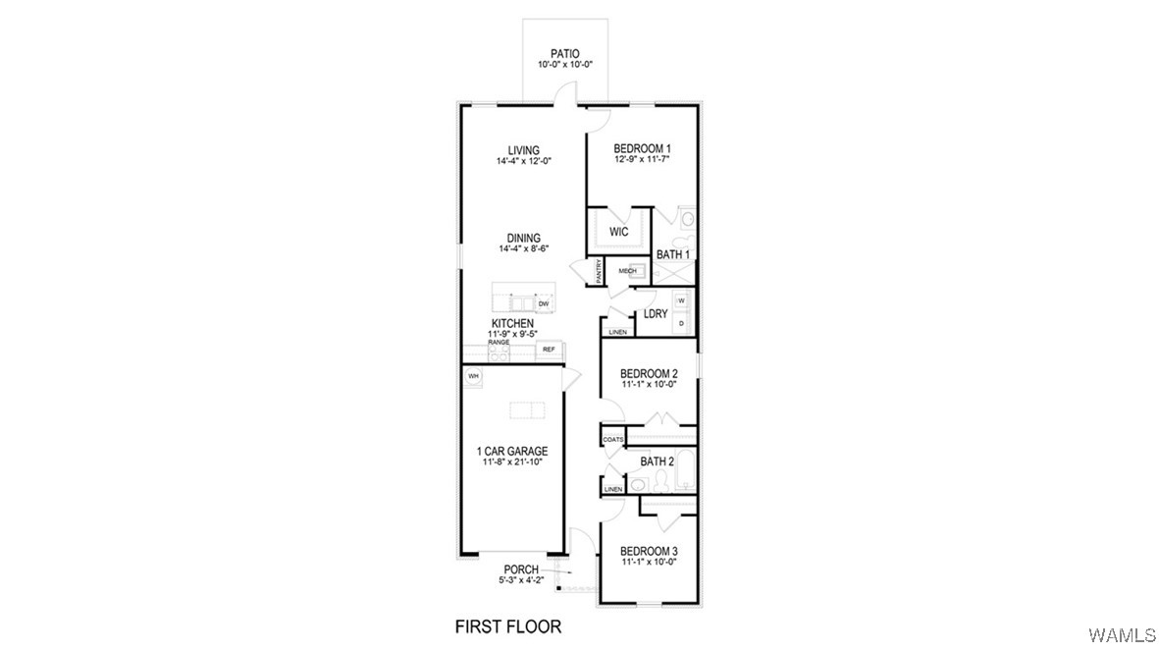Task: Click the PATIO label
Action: pyautogui.click(x=557, y=54)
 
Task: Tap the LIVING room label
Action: pyautogui.click(x=523, y=150)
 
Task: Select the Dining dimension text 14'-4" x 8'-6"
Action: pyautogui.click(x=523, y=249)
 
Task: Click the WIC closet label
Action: pyautogui.click(x=618, y=233)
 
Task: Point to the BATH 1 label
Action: pyautogui.click(x=673, y=255)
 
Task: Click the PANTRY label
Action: pyautogui.click(x=599, y=271)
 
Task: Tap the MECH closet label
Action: pyautogui.click(x=627, y=271)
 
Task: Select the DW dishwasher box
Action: pyautogui.click(x=542, y=304)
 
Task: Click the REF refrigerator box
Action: pyautogui.click(x=549, y=350)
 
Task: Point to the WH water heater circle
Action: pyautogui.click(x=473, y=376)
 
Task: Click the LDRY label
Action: pyautogui.click(x=656, y=314)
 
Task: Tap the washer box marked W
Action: pyautogui.click(x=681, y=300)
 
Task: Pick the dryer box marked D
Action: pyautogui.click(x=681, y=321)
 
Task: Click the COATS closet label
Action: pyautogui.click(x=613, y=439)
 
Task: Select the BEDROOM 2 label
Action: pyautogui.click(x=649, y=373)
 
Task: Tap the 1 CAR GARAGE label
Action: pyautogui.click(x=512, y=452)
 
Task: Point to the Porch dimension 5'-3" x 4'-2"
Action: pyautogui.click(x=522, y=580)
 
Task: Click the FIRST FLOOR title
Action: pyautogui.click(x=507, y=625)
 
